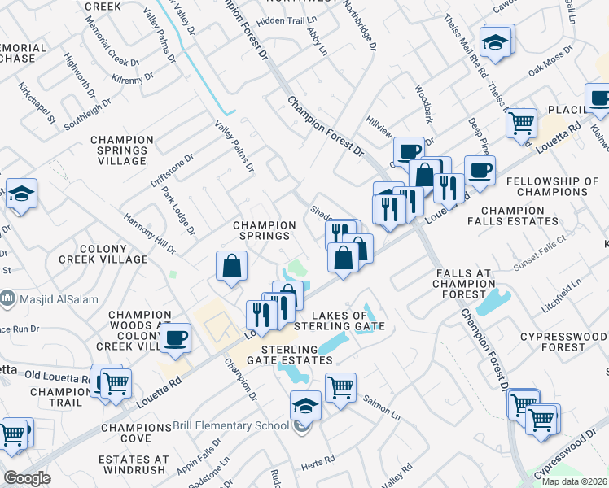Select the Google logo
click(28, 478)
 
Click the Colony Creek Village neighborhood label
click(103, 254)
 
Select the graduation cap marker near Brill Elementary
click(305, 404)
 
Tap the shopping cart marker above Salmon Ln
click(341, 386)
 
